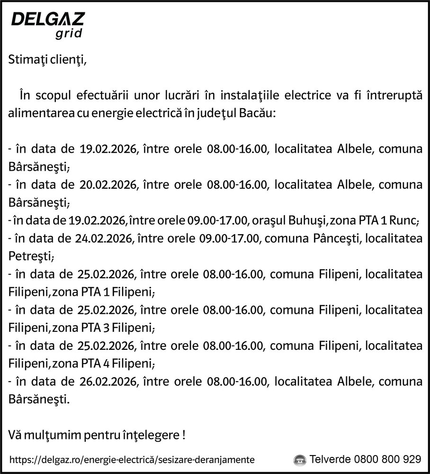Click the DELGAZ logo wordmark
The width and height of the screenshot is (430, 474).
[x=48, y=20]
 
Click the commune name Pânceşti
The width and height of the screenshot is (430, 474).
[x=337, y=239]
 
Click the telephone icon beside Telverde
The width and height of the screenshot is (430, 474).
[x=299, y=460]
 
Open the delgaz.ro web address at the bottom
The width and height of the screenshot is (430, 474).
[x=132, y=460]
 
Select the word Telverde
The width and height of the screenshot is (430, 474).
[x=330, y=459]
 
